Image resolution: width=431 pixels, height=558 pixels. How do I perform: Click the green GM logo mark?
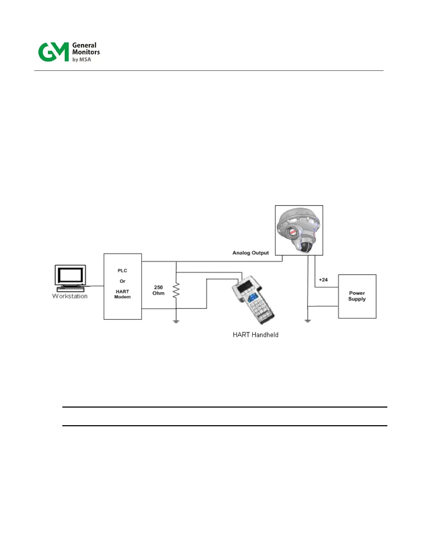coord(53,52)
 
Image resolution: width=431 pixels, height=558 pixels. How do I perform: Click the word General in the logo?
coord(84,45)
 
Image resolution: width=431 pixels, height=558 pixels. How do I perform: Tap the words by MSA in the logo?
coord(82,60)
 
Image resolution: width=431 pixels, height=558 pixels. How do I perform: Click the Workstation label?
coord(70,296)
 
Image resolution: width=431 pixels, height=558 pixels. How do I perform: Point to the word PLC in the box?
coord(122,271)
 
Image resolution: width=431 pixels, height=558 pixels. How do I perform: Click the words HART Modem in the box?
coord(122,294)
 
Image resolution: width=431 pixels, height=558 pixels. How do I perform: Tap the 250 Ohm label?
coord(158,290)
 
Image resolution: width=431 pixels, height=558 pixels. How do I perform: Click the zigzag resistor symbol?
coord(176,291)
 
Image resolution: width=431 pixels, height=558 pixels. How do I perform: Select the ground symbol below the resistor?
coord(176,321)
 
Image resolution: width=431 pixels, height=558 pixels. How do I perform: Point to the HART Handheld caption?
coord(255,335)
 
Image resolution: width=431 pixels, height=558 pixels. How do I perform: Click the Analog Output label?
coord(250,253)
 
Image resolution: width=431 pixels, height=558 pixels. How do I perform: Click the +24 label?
coord(323,280)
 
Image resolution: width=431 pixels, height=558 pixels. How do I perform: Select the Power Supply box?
coord(357,296)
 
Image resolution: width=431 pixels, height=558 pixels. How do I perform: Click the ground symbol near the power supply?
coord(308,321)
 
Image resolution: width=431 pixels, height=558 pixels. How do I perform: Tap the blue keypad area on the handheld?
coord(252,298)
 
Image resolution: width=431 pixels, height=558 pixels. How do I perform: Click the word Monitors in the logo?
coord(86,52)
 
